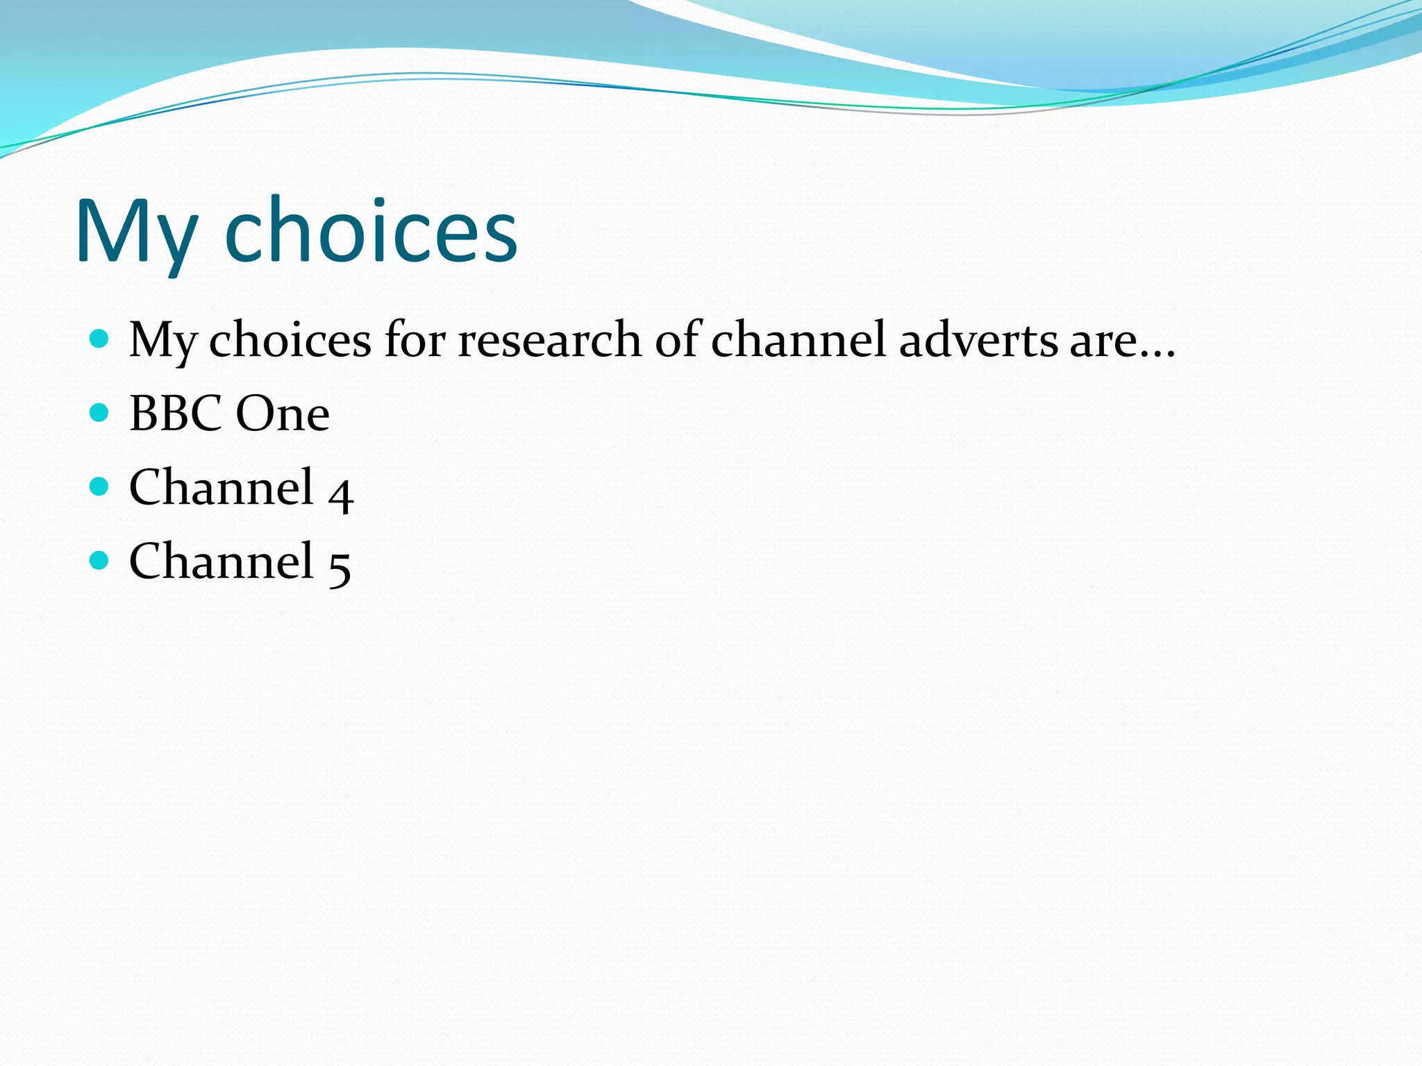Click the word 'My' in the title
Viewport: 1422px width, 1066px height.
tap(136, 232)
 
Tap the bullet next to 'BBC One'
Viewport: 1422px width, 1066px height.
tap(100, 413)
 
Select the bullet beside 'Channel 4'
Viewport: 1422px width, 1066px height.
tap(100, 487)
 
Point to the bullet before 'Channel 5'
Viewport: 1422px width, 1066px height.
tap(100, 560)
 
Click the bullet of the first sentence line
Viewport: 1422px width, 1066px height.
tap(100, 339)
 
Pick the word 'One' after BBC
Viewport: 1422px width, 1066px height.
tap(283, 414)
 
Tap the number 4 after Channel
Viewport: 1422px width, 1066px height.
tap(341, 492)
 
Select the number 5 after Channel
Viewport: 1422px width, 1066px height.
tap(340, 565)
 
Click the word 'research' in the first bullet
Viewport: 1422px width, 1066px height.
tap(549, 340)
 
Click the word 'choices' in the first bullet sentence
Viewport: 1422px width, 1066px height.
tap(290, 340)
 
